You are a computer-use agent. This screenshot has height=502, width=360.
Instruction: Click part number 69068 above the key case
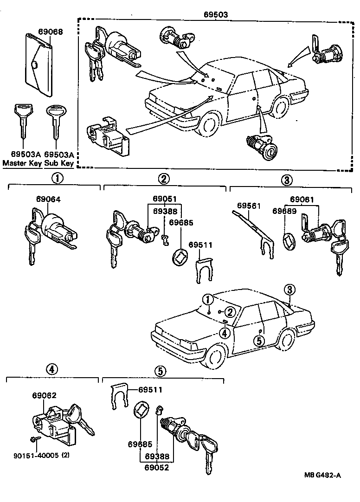coord(50,32)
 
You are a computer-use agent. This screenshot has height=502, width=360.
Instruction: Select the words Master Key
coord(22,163)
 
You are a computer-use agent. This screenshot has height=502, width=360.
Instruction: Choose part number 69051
coord(164,200)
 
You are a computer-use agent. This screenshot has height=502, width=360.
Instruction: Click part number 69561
coord(250,206)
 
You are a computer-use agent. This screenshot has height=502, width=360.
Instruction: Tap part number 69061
coord(302,200)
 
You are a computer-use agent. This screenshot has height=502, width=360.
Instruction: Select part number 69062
coord(44,395)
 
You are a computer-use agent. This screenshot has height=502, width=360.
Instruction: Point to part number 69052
coord(156,467)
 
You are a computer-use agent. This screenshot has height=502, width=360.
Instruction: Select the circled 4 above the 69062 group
coord(51,370)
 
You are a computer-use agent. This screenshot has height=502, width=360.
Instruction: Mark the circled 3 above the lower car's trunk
coord(289,290)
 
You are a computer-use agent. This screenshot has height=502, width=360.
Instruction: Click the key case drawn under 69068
coord(38,66)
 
